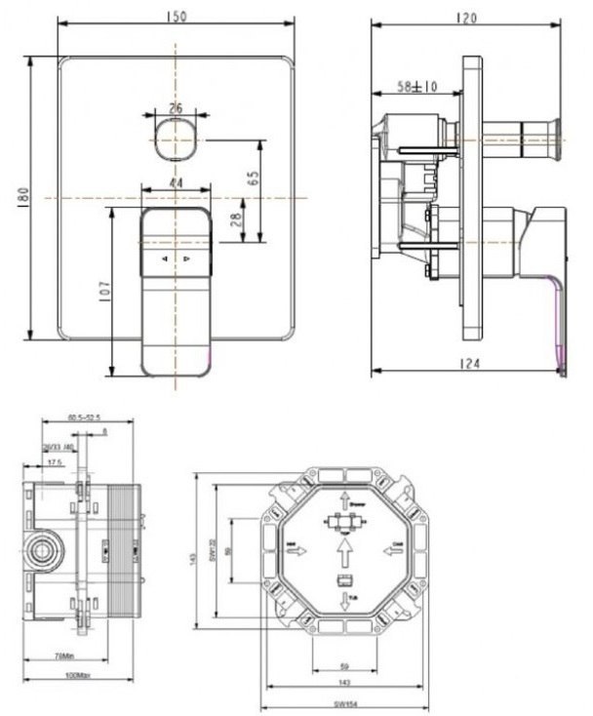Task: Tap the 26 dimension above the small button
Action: coord(176,108)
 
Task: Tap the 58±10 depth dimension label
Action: coord(416,88)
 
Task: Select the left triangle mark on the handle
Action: coord(164,259)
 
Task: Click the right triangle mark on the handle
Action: coord(187,259)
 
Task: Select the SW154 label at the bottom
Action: coord(347,705)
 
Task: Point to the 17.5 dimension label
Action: coord(58,462)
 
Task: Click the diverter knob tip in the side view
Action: coord(557,128)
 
